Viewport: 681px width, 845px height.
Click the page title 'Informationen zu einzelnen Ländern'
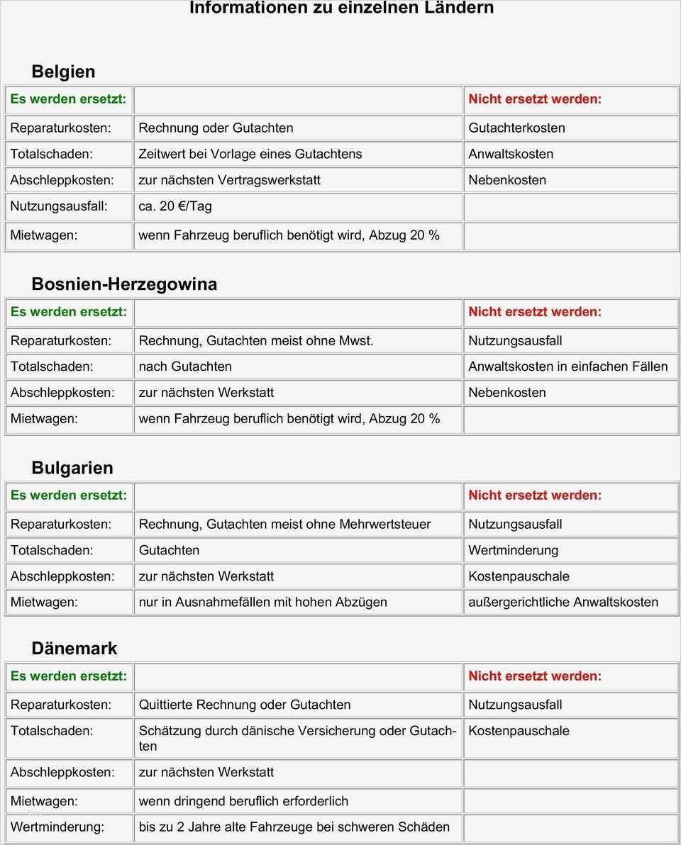point(341,9)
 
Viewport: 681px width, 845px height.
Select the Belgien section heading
point(63,72)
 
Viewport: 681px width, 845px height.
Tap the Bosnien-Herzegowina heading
point(124,284)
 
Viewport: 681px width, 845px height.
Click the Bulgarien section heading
point(72,468)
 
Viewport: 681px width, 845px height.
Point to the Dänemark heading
point(74,649)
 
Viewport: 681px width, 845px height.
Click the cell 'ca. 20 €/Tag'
point(175,206)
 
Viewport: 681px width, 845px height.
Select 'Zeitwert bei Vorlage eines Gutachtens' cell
point(250,154)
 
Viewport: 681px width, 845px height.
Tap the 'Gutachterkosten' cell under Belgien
point(516,128)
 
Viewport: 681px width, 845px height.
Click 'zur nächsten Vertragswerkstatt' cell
point(230,180)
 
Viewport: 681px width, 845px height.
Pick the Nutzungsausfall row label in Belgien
point(59,206)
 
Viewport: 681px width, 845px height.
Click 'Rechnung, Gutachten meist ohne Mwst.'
point(256,341)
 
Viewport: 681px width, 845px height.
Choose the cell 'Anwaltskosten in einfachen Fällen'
point(567,366)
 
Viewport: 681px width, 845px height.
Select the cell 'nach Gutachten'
point(185,366)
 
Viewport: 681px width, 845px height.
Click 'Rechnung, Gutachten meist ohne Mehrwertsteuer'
point(284,525)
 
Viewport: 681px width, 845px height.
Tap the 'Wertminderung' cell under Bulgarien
point(513,550)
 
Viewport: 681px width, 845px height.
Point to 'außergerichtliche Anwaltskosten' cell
point(563,603)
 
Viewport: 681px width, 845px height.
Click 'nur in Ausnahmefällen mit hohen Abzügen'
point(263,603)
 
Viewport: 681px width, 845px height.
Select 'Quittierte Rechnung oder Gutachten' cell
point(245,705)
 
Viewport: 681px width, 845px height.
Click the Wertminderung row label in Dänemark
point(57,827)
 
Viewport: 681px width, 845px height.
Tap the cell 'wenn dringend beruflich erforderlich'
point(243,801)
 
